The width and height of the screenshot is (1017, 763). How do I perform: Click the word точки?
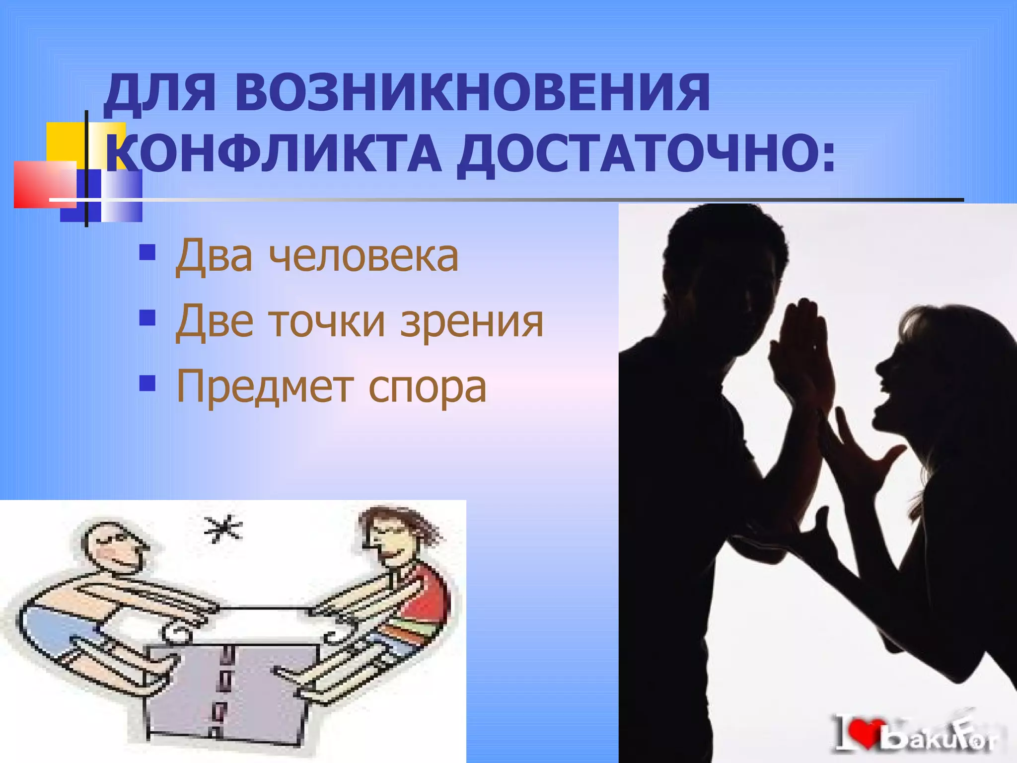(x=327, y=322)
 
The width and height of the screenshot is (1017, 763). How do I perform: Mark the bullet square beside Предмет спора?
(x=147, y=383)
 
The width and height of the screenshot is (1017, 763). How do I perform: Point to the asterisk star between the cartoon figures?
(x=223, y=529)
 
